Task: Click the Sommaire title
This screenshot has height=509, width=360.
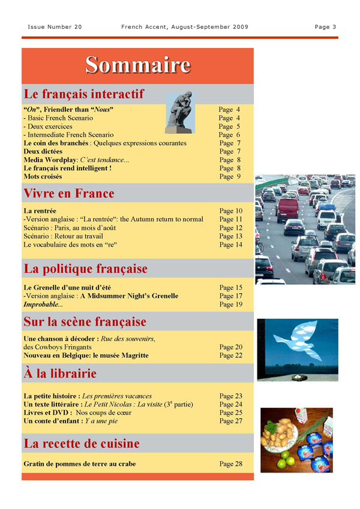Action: (x=137, y=65)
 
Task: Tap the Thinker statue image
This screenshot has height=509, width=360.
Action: (x=179, y=113)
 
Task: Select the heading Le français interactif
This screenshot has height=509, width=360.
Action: (x=83, y=94)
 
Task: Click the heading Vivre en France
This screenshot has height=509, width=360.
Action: (x=68, y=194)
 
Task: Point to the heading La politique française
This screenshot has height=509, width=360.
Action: (x=85, y=268)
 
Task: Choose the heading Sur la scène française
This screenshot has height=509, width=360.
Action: (x=85, y=322)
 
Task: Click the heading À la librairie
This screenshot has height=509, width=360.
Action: (x=59, y=374)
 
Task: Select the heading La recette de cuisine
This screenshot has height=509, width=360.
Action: (x=81, y=444)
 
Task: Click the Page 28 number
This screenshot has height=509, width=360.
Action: (x=230, y=464)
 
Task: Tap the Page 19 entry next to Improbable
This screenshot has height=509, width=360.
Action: (x=230, y=305)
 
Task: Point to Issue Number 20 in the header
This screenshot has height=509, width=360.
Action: (x=55, y=27)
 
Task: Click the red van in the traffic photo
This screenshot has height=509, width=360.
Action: (x=287, y=208)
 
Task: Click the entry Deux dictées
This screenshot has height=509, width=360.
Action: (x=43, y=152)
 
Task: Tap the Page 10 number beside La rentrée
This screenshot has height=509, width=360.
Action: (x=230, y=211)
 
